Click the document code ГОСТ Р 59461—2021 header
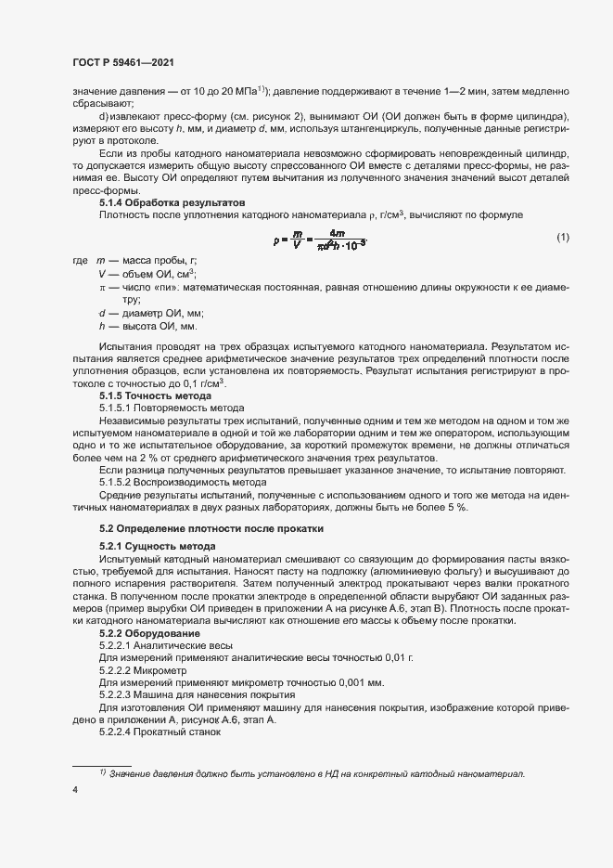click(x=123, y=62)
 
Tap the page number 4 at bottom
click(x=74, y=790)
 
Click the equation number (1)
click(x=562, y=239)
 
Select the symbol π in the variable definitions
click(x=103, y=288)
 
